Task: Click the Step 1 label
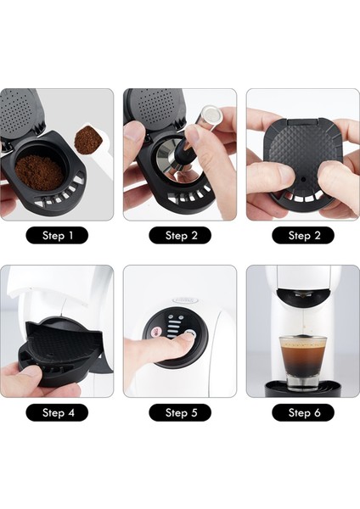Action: [x=57, y=235]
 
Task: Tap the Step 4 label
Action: [x=57, y=412]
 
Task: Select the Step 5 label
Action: [x=180, y=412]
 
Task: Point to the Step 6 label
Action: [x=303, y=412]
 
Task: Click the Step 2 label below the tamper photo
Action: [x=180, y=235]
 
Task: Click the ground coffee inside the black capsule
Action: [x=40, y=172]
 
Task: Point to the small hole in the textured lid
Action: [x=303, y=179]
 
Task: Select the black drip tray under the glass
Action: [x=303, y=389]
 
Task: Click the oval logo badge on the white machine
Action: [x=186, y=300]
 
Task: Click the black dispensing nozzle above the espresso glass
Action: [x=303, y=294]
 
